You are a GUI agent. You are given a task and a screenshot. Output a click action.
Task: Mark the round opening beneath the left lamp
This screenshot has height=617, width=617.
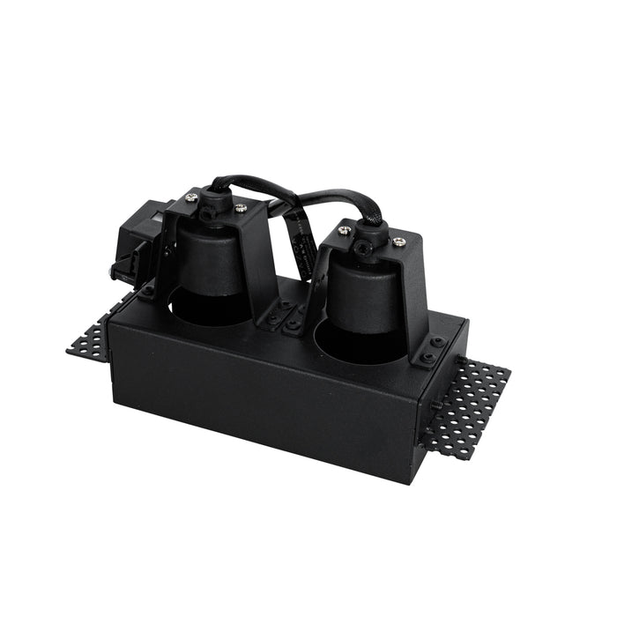207,310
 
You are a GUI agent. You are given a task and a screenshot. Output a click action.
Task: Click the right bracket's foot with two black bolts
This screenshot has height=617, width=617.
431,352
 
